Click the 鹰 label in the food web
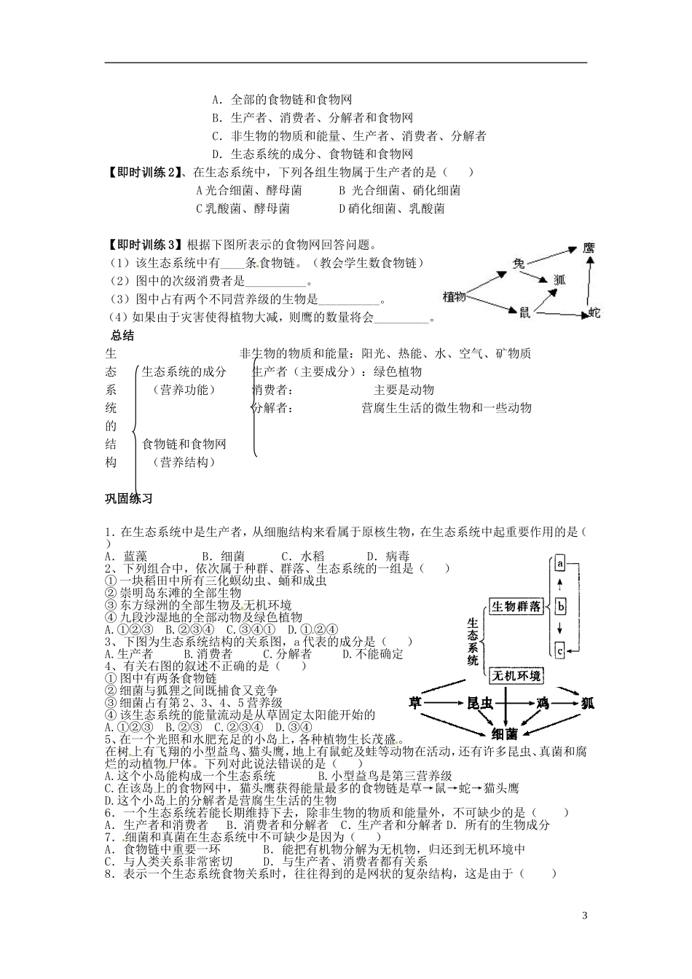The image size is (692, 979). [x=589, y=249]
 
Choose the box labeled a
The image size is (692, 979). [x=560, y=564]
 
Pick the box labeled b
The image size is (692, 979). [x=560, y=606]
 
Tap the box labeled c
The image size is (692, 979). [x=560, y=650]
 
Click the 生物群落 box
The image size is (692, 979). [x=516, y=606]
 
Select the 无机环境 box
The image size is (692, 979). [x=516, y=676]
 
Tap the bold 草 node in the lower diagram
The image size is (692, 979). [x=415, y=703]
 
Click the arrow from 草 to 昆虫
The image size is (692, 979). [x=446, y=703]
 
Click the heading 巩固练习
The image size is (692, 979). [x=129, y=499]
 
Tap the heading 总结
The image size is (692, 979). [x=122, y=336]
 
